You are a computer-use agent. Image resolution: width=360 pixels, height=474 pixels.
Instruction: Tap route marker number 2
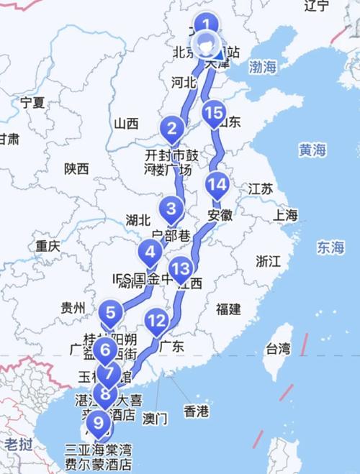(172, 129)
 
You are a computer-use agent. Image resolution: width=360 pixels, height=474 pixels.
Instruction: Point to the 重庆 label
(48, 246)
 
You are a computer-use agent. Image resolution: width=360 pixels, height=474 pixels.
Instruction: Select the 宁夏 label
(32, 101)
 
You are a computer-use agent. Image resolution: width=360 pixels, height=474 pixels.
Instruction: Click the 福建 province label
(228, 309)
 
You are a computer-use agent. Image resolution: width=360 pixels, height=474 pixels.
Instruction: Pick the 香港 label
(196, 411)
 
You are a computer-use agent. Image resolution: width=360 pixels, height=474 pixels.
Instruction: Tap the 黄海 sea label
(313, 150)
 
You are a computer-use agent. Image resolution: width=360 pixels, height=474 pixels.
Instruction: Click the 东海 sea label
(330, 247)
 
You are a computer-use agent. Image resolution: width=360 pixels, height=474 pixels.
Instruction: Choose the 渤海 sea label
(262, 68)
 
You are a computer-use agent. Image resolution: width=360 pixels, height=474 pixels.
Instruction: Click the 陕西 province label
(76, 169)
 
